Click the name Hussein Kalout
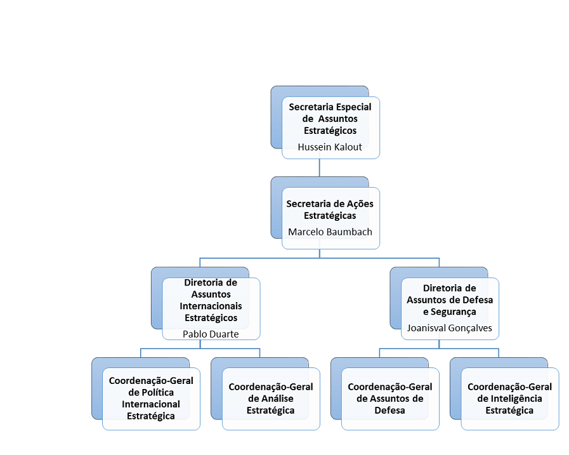[x=330, y=147]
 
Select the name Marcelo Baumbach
[x=330, y=232]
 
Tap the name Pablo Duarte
[x=211, y=334]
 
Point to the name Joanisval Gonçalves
[x=450, y=328]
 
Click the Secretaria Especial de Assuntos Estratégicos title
[x=330, y=119]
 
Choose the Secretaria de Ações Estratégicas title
[x=330, y=209]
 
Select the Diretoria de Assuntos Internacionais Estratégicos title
[x=211, y=300]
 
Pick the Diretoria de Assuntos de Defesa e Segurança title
[x=450, y=300]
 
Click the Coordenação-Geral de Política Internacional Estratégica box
[x=151, y=398]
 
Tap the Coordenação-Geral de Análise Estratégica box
[x=271, y=398]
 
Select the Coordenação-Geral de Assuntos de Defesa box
[x=390, y=398]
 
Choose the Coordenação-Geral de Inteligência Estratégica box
[x=509, y=398]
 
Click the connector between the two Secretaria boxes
[x=319, y=168]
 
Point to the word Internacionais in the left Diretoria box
[x=211, y=306]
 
